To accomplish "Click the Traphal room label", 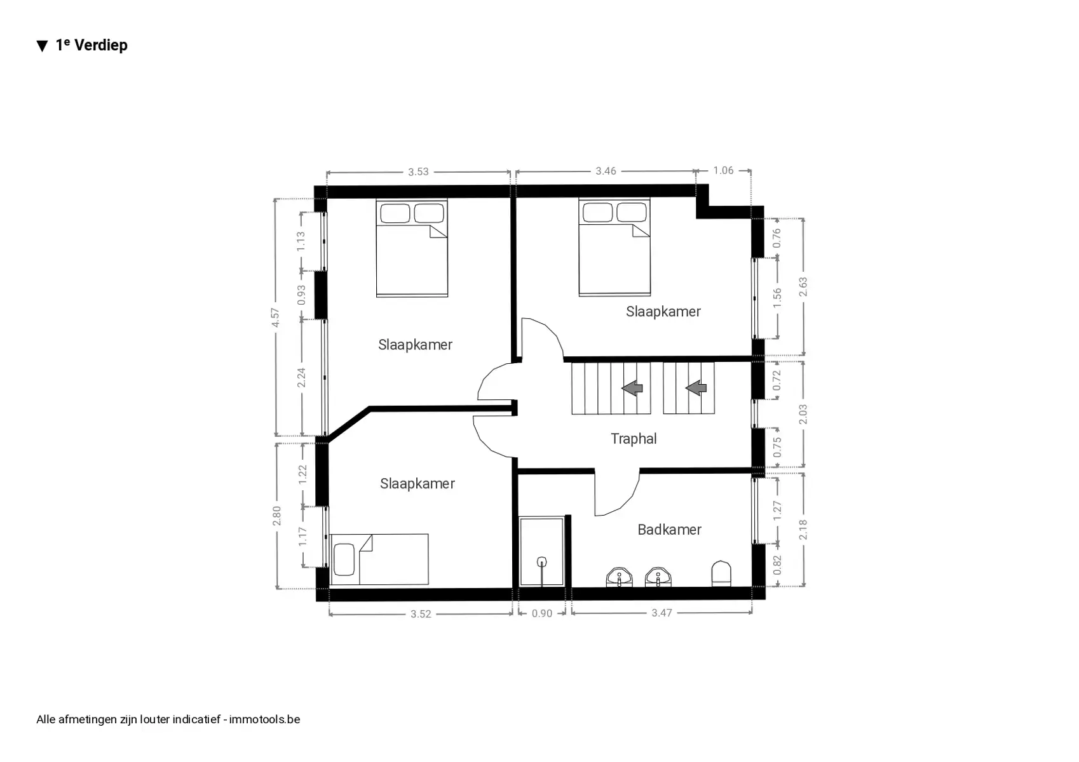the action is [634, 439].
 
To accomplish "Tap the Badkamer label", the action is [669, 530].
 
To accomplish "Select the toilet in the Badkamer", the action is [721, 573].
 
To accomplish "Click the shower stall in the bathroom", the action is [541, 552].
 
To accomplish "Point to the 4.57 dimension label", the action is [275, 317].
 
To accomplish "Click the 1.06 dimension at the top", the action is [723, 170].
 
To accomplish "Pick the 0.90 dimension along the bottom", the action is [542, 613].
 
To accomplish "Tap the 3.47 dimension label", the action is [662, 613].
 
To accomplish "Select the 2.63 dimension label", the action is [803, 287].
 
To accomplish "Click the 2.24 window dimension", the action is [301, 377].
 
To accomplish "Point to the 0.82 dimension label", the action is [777, 565].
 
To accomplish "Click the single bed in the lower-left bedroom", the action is [379, 559].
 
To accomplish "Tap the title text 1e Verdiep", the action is [92, 44].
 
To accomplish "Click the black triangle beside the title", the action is [43, 46].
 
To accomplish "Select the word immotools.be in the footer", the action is [264, 719].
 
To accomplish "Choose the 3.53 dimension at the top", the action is [418, 172].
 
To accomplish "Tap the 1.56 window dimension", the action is [777, 298].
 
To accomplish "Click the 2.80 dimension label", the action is [276, 516].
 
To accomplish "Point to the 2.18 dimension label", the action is [803, 530].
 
